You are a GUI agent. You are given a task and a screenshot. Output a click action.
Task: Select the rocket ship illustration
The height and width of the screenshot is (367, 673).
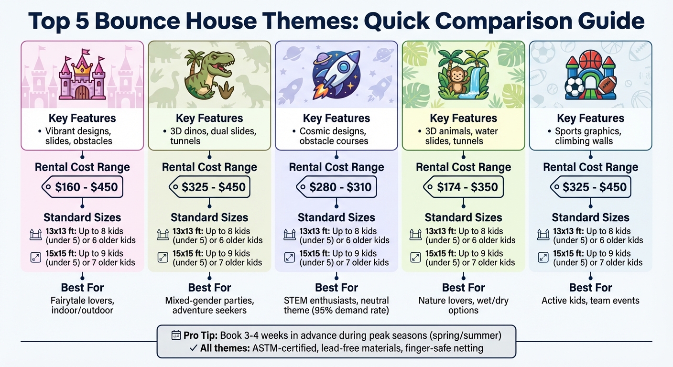point(336,76)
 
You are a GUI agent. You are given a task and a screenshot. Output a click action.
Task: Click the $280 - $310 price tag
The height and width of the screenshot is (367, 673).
point(336,187)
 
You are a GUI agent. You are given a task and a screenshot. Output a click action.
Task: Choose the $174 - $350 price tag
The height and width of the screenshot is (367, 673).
point(463,187)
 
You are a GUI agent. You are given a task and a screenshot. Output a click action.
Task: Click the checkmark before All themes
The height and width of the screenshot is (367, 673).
point(193,348)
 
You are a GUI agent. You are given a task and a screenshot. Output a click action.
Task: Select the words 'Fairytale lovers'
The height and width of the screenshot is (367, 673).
point(82,301)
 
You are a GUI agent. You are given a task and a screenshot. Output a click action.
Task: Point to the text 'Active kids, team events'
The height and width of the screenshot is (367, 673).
point(590,301)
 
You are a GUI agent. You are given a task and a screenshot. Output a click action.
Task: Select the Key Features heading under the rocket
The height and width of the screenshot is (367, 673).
point(336,118)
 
